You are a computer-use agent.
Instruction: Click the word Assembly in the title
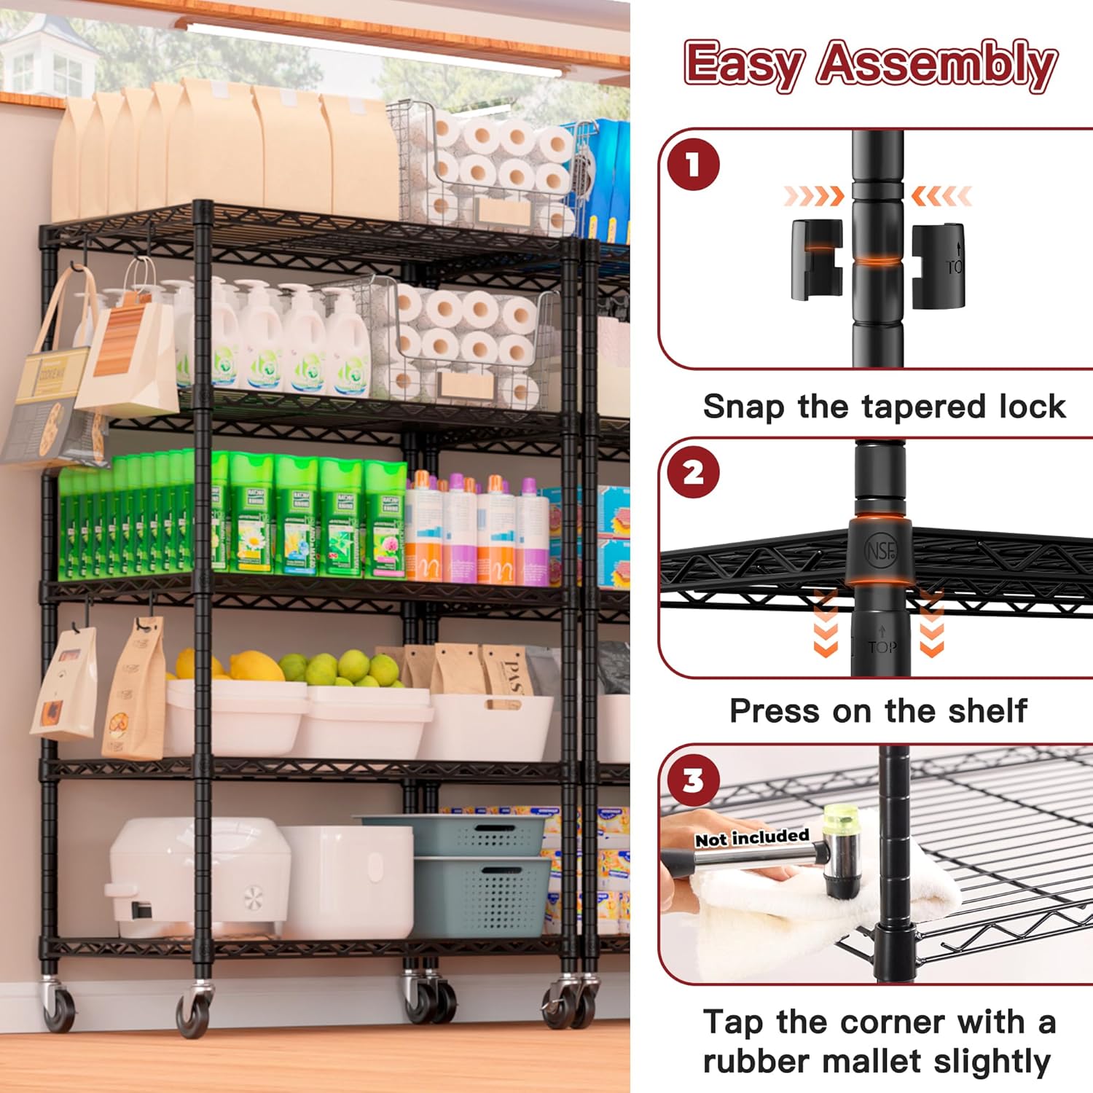(x=937, y=64)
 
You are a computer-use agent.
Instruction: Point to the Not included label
(x=752, y=837)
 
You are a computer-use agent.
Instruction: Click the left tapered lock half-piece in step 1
(x=817, y=260)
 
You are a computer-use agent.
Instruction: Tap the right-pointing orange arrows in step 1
(x=813, y=195)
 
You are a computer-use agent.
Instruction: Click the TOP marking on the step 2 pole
(x=882, y=646)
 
